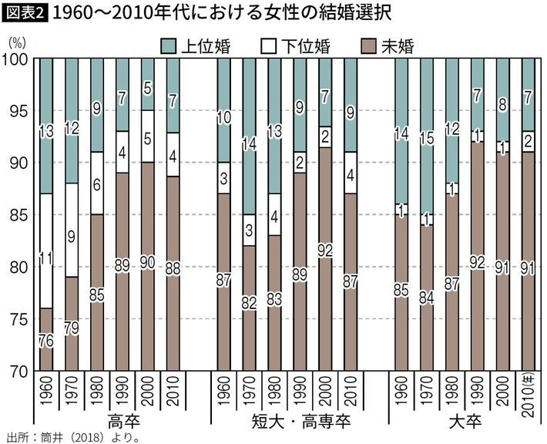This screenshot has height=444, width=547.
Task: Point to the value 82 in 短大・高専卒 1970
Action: click(x=249, y=303)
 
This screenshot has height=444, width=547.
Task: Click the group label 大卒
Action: click(x=464, y=422)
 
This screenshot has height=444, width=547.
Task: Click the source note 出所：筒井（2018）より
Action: click(x=73, y=437)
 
